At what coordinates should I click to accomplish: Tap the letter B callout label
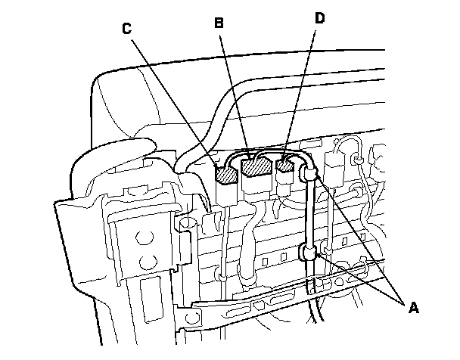pos(219,23)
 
